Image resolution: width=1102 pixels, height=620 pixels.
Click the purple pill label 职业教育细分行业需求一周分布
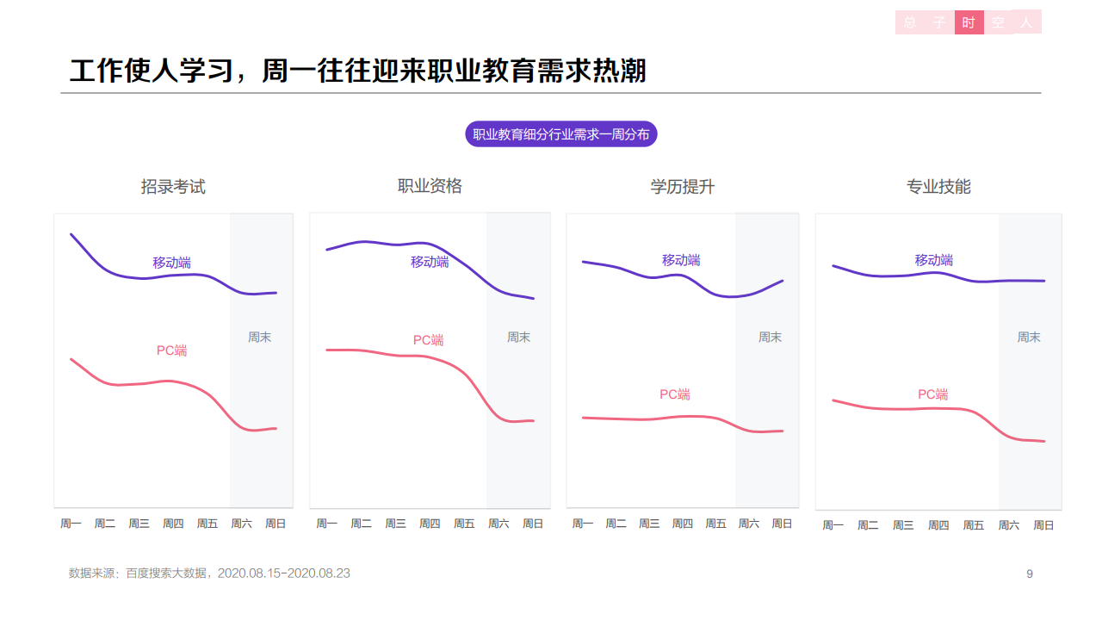[x=560, y=134]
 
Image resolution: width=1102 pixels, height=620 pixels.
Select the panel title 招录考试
[x=173, y=187]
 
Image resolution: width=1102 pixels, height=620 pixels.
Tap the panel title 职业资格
[x=430, y=186]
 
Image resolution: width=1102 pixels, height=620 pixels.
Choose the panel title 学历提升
[x=683, y=187]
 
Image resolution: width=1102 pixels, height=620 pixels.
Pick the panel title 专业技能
[x=938, y=187]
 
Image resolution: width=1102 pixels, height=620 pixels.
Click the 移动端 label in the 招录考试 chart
[x=172, y=263]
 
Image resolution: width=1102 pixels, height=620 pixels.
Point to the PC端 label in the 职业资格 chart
[x=428, y=340]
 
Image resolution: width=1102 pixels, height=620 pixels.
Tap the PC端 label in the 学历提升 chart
[x=675, y=394]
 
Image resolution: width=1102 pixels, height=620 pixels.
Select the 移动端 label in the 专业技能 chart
[x=934, y=260]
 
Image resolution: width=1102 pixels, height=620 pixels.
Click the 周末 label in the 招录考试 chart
[x=260, y=338]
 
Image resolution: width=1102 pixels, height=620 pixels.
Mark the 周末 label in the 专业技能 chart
[x=1029, y=338]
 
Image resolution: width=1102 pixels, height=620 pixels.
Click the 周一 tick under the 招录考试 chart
[x=71, y=524]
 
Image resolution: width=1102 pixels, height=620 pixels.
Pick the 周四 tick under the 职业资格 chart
[x=430, y=524]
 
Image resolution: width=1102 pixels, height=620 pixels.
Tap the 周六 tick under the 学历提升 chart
[x=749, y=524]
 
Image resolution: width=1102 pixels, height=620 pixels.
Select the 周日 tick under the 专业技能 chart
[x=1043, y=525]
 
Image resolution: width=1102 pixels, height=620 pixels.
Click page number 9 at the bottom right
[x=1030, y=573]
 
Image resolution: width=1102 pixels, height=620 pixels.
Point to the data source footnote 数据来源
[x=209, y=573]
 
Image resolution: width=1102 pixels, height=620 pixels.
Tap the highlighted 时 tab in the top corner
[x=969, y=22]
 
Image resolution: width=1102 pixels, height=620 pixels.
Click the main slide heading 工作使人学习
[x=358, y=71]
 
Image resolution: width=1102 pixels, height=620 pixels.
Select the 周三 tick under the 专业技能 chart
[x=903, y=525]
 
